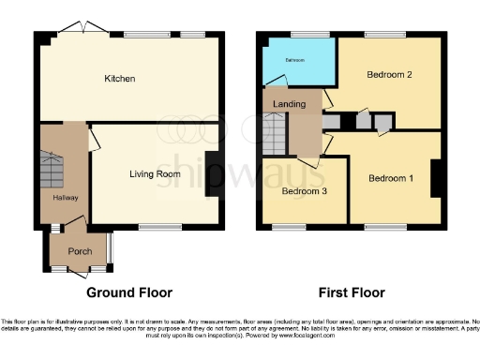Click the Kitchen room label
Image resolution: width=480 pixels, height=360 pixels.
(120, 79)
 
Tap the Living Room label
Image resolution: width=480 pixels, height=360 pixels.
(155, 173)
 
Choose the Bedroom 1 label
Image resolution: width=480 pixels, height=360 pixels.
(389, 178)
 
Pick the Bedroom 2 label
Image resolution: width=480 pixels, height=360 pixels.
(389, 74)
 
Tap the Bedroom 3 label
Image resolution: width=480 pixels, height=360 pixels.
(304, 192)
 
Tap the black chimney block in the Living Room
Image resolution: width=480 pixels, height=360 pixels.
(211, 173)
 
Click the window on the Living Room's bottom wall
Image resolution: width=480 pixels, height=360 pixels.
(154, 227)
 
